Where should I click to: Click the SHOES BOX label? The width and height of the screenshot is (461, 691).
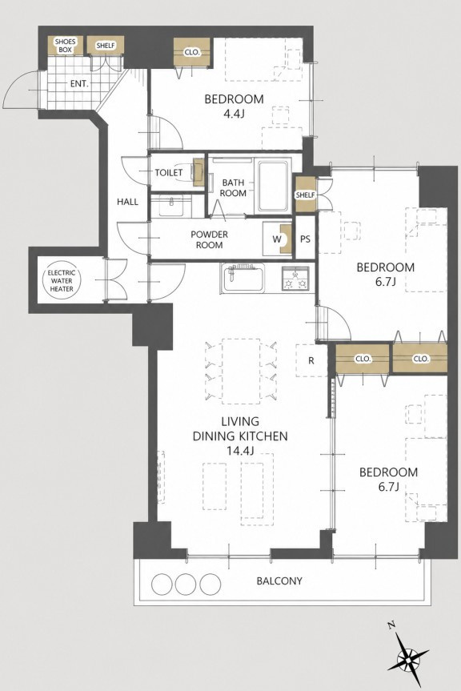(65, 46)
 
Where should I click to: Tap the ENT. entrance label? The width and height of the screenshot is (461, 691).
(79, 84)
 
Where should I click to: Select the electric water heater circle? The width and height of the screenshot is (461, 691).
(62, 280)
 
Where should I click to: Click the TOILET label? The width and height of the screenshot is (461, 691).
(169, 173)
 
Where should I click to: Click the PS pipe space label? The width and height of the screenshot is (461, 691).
(305, 239)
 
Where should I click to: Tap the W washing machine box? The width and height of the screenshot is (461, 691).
(278, 239)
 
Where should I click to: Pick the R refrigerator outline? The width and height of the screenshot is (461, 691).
(312, 360)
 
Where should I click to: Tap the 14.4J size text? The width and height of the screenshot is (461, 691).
(240, 451)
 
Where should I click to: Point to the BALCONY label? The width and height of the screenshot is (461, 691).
(279, 581)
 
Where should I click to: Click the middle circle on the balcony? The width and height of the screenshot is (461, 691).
(186, 585)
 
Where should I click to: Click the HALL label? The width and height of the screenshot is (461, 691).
(128, 202)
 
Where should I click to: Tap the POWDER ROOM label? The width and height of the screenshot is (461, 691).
(209, 239)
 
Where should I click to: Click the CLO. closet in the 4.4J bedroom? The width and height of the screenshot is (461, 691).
(192, 52)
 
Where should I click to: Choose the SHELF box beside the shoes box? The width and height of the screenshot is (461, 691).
(105, 46)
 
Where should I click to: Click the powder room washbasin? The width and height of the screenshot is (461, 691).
(170, 205)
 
